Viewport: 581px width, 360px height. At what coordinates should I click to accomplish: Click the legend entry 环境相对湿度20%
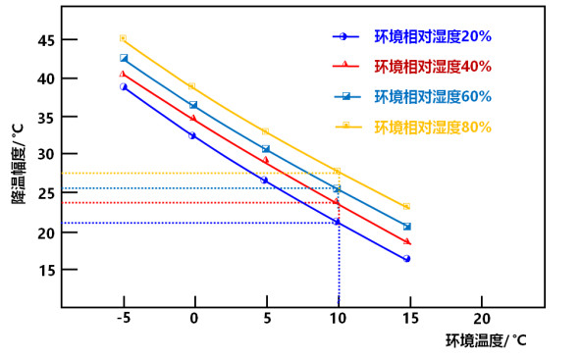(432, 36)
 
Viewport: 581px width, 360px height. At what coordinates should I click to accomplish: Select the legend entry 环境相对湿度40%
(432, 67)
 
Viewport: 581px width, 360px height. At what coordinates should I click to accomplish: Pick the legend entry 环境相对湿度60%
(432, 96)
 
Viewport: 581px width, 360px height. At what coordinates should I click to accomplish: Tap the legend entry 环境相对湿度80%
(432, 127)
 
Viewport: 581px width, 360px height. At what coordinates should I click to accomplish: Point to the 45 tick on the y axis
(46, 40)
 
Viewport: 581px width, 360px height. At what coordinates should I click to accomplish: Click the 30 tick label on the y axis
(46, 154)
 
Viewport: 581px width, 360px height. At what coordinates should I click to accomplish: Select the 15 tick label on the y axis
(46, 269)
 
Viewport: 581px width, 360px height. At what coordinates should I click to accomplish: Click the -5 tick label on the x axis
(123, 320)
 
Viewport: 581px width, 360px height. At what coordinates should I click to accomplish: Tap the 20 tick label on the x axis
(481, 320)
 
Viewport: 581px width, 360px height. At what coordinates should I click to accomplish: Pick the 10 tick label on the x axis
(338, 320)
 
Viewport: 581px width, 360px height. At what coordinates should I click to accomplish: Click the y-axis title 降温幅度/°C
(18, 163)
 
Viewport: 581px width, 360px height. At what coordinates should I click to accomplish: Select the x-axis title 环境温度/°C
(486, 341)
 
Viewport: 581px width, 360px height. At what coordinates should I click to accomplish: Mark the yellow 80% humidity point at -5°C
(123, 38)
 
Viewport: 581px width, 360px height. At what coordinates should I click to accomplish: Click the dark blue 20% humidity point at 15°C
(406, 259)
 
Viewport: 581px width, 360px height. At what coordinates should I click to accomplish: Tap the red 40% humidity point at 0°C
(193, 118)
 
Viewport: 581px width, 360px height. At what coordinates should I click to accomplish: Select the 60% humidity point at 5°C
(265, 149)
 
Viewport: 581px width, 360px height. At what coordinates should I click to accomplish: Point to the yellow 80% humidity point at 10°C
(338, 172)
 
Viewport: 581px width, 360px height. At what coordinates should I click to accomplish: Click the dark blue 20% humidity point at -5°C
(124, 86)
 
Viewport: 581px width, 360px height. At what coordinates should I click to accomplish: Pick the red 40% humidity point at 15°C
(407, 241)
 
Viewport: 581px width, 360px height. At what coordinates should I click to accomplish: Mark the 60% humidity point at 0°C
(193, 105)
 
